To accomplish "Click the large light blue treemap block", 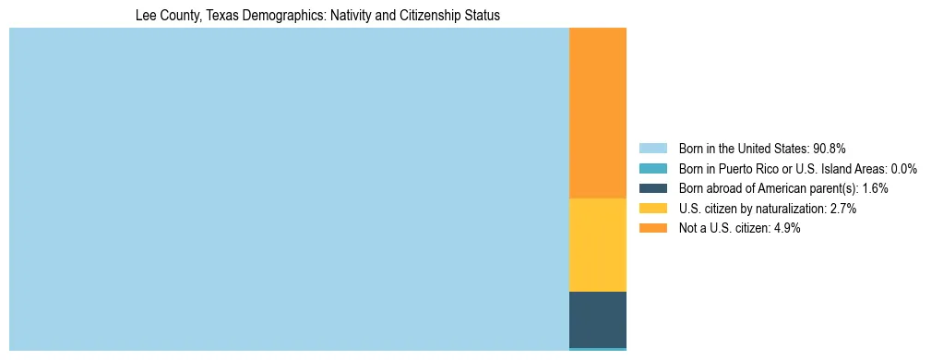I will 289,189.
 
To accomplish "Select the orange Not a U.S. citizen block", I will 597,113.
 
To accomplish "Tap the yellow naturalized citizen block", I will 597,245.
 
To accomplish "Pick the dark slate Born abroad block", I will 597,319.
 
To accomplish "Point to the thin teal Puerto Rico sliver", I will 597,349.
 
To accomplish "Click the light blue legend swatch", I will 652,149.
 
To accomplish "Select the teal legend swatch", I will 652,169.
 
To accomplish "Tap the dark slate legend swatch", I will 652,188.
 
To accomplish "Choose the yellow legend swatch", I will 652,209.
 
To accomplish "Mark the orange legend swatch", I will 652,229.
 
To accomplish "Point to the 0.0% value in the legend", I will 902,169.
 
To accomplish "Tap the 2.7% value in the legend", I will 842,209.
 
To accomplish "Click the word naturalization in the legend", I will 789,209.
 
